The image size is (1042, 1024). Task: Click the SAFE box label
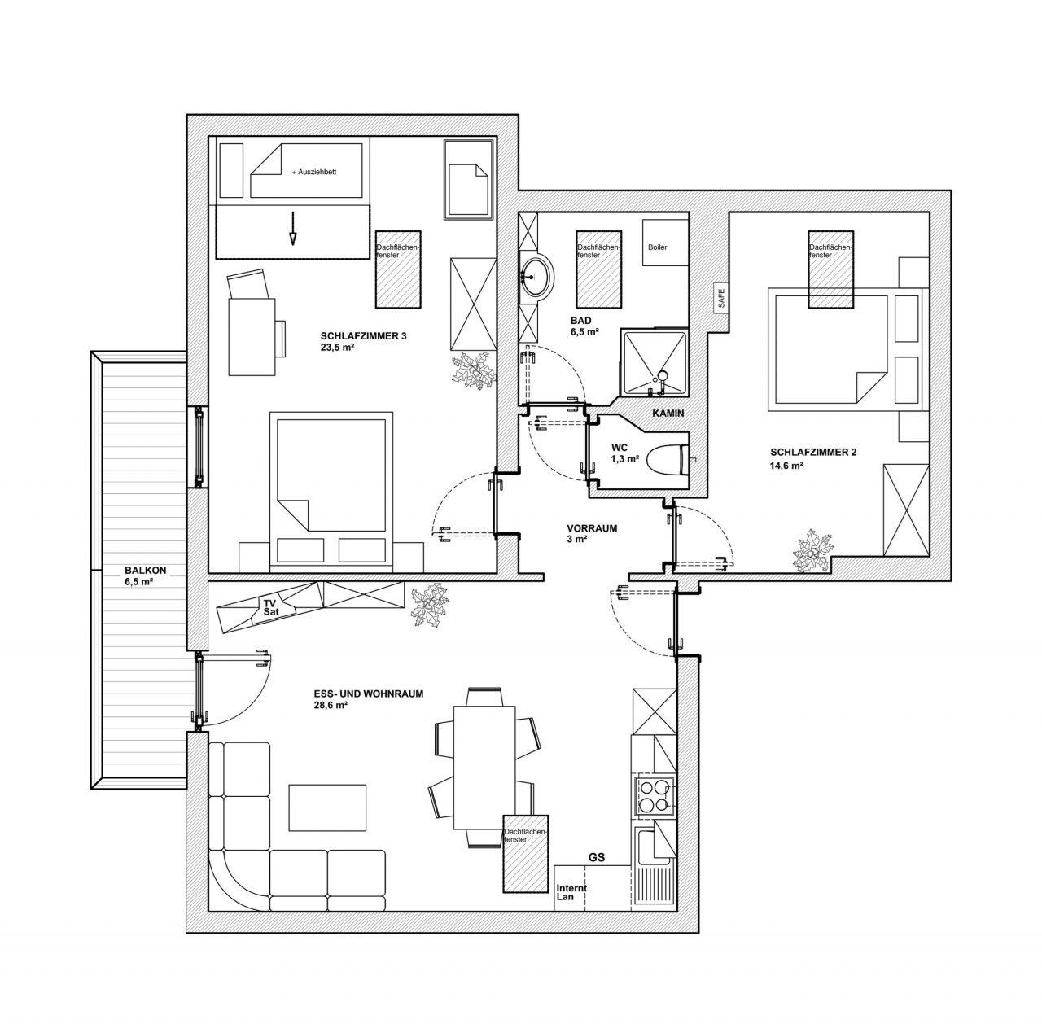pos(720,298)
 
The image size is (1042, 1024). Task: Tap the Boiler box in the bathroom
pos(665,243)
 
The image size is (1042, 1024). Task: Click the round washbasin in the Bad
pos(537,276)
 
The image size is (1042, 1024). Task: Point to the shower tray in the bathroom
pos(654,363)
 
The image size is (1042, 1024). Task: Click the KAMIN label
pos(668,414)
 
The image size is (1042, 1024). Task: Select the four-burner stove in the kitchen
pos(655,796)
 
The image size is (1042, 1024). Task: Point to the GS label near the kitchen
pos(597,857)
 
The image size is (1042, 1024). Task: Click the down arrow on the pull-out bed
pos(292,228)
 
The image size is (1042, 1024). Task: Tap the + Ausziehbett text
pos(313,172)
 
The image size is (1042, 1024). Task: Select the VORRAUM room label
pos(592,528)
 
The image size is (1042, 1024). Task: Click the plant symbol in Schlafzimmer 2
pos(812,552)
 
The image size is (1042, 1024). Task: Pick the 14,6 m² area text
pos(786,465)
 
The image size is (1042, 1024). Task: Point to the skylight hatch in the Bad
pos(598,269)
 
